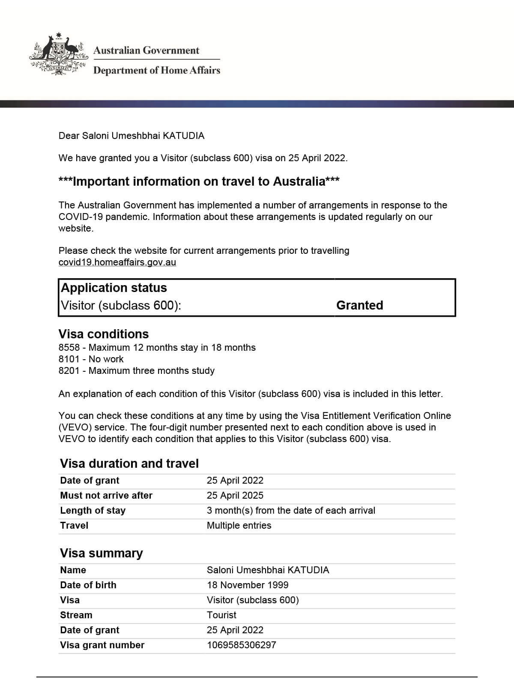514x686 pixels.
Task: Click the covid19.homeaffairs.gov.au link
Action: pos(117,262)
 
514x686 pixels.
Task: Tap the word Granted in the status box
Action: pos(359,305)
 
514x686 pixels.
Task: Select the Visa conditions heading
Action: pos(103,334)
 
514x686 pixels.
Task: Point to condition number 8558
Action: pos(69,348)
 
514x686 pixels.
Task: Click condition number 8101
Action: pos(69,359)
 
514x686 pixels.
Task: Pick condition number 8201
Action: pos(69,371)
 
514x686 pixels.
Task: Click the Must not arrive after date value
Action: pos(235,496)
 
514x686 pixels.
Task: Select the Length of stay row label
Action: pos(93,511)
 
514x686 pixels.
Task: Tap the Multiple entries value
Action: pos(239,526)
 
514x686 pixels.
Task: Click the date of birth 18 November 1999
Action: pos(247,585)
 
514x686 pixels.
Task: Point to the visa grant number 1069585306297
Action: pos(241,645)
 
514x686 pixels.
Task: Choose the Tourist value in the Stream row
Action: pos(221,615)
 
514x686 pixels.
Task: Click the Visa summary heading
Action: pos(101,553)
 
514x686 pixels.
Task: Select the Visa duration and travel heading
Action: pos(129,463)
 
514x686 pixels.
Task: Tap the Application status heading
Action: pos(114,288)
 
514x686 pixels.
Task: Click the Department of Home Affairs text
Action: pos(156,70)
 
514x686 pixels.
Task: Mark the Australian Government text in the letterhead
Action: pos(146,51)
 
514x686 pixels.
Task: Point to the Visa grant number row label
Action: pos(102,645)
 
